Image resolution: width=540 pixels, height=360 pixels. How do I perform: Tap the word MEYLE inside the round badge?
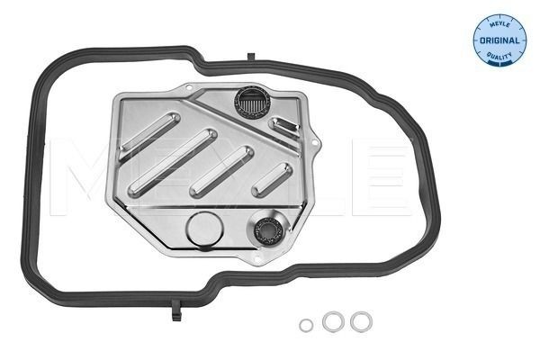pyautogui.click(x=498, y=23)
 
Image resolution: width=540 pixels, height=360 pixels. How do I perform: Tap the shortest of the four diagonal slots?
pyautogui.click(x=269, y=176)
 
